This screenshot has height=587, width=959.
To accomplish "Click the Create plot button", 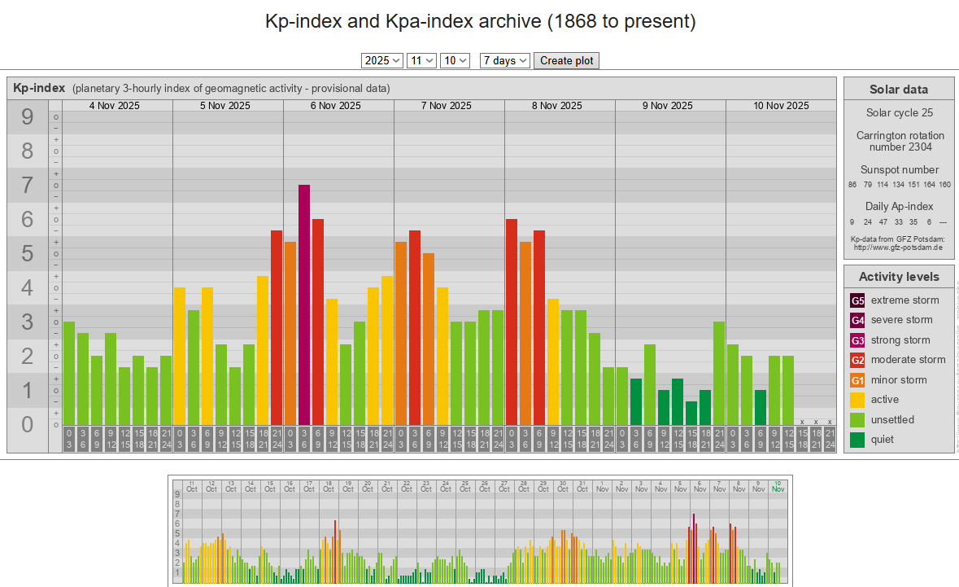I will coord(566,60).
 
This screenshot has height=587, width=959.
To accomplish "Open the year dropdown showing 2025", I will coord(382,60).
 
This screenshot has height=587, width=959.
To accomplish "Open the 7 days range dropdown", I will coord(505,60).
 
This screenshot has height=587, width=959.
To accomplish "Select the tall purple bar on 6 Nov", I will coord(304,304).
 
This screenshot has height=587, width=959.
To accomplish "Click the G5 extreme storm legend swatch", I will coord(857,300).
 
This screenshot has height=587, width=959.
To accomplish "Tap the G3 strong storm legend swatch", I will coord(857,340).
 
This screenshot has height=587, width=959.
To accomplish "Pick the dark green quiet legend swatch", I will coord(857,440).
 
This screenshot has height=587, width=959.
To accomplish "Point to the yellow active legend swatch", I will coord(857,400).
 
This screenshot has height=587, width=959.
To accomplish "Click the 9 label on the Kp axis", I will coord(28,117).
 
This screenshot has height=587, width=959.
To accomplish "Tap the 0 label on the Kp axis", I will coord(28,424).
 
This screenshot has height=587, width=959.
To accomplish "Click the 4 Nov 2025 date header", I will coord(115,106).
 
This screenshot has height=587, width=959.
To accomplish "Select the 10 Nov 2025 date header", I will coord(781,106).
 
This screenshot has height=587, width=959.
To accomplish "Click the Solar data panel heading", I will coord(899,90).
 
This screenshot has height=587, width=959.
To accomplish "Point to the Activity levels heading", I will coord(899,277).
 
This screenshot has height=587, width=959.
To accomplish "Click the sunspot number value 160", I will coord(944,185).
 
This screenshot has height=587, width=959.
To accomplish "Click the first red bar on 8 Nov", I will coord(512,322).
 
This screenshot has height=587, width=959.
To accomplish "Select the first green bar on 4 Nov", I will coord(69,373).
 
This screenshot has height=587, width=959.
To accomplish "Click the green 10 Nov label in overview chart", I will coord(778,486).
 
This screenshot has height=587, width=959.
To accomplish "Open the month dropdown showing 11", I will coord(422,60).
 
